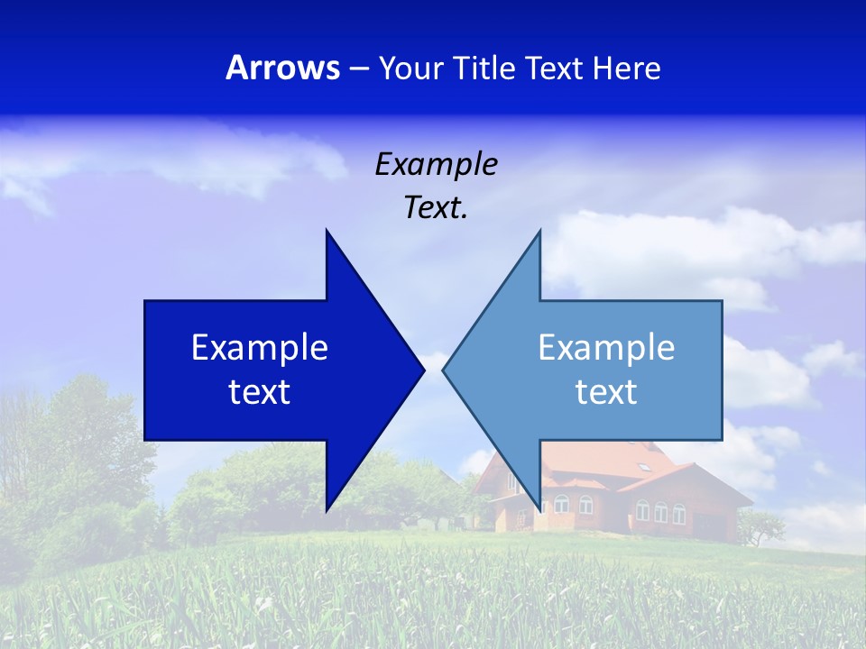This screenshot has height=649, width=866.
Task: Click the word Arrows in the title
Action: (282, 68)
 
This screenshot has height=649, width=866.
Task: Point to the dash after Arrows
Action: (358, 69)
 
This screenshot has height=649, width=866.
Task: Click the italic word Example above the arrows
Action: (436, 164)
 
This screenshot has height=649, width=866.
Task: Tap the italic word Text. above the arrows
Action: (436, 208)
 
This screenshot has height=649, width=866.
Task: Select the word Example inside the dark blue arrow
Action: (260, 348)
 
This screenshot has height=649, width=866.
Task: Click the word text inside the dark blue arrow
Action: (260, 392)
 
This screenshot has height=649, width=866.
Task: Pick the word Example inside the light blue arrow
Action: (606, 348)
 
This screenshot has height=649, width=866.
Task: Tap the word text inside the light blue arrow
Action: (606, 392)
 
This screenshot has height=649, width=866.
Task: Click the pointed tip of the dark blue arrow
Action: (423, 369)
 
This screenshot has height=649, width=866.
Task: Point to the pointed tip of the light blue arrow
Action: (444, 369)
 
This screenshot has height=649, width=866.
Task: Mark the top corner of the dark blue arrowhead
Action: (327, 231)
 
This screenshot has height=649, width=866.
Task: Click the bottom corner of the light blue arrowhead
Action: (539, 509)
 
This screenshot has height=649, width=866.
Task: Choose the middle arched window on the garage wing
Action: (660, 511)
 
